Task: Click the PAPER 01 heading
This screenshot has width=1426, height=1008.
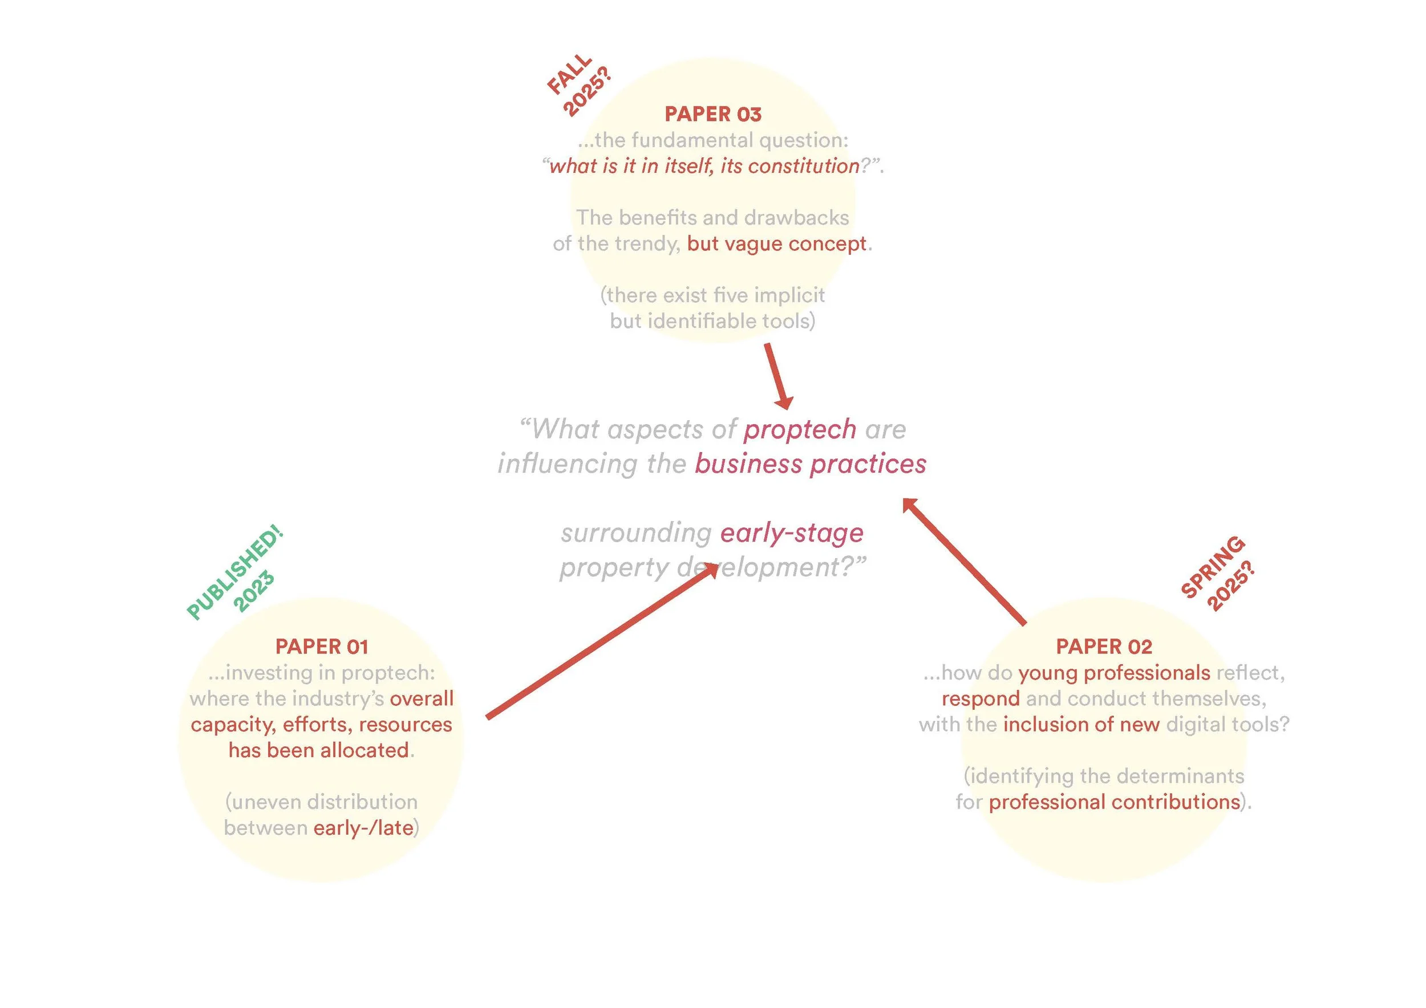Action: pos(322,647)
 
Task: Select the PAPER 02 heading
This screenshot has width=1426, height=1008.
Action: pos(1104,647)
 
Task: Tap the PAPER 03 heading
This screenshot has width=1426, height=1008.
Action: pos(713,114)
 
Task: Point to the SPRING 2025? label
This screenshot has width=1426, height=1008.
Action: pos(1217,574)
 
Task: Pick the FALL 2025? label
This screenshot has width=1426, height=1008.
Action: pos(579,85)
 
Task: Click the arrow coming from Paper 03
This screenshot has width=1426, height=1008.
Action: pos(777,376)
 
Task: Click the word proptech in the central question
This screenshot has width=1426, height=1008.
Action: pos(800,429)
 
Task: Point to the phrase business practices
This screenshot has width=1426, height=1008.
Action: pos(811,464)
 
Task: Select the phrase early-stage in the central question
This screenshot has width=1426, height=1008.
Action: pos(792,533)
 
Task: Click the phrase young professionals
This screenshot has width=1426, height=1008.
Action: pos(1114,673)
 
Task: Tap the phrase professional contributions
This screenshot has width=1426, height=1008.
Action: pos(1114,802)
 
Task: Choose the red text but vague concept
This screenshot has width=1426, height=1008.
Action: pos(776,244)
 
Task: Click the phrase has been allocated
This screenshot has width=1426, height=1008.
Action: pos(319,750)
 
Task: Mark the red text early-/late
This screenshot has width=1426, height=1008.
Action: pos(363,828)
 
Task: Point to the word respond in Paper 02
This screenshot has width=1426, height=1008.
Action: pos(981,699)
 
